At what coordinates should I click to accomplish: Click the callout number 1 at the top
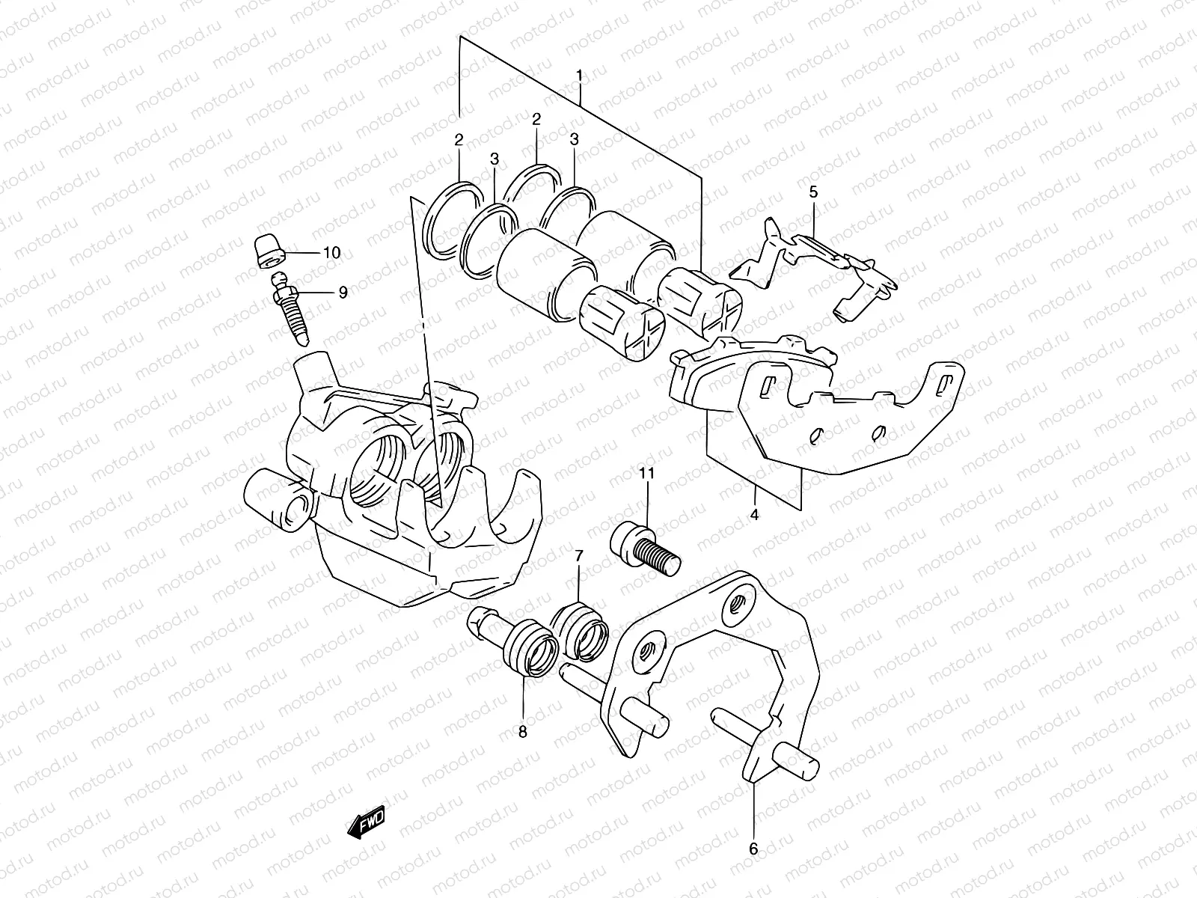coord(579,75)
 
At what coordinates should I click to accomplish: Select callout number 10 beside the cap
coord(331,253)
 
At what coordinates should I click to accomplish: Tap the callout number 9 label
coord(343,293)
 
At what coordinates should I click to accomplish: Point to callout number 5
coord(813,192)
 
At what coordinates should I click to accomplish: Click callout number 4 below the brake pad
coord(754,515)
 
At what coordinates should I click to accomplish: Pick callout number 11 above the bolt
coord(647,473)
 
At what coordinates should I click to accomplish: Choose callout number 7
coord(578,555)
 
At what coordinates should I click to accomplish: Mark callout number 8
coord(522,731)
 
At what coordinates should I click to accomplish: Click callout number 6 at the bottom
coord(753,849)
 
